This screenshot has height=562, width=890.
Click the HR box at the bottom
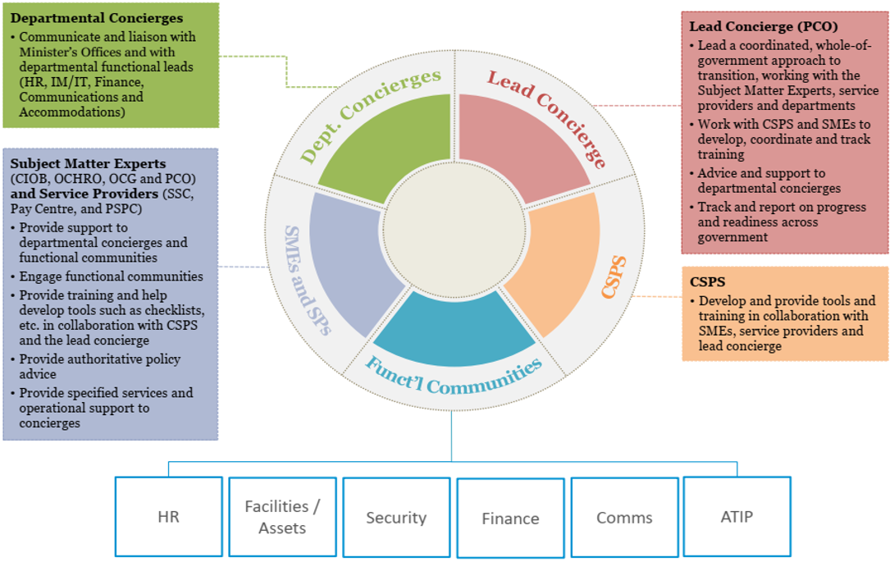click(x=168, y=517)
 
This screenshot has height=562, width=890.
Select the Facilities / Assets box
click(x=282, y=517)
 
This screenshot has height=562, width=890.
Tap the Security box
click(x=396, y=518)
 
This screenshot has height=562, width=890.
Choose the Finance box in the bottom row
click(x=510, y=519)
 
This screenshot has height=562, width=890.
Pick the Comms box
click(x=624, y=518)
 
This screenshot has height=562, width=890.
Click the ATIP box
click(x=737, y=517)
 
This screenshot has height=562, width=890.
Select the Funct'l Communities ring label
click(x=454, y=373)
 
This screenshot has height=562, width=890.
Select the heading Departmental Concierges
click(x=97, y=17)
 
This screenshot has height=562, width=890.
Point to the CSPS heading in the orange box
click(x=706, y=281)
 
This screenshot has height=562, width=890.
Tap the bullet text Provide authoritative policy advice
click(x=100, y=367)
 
